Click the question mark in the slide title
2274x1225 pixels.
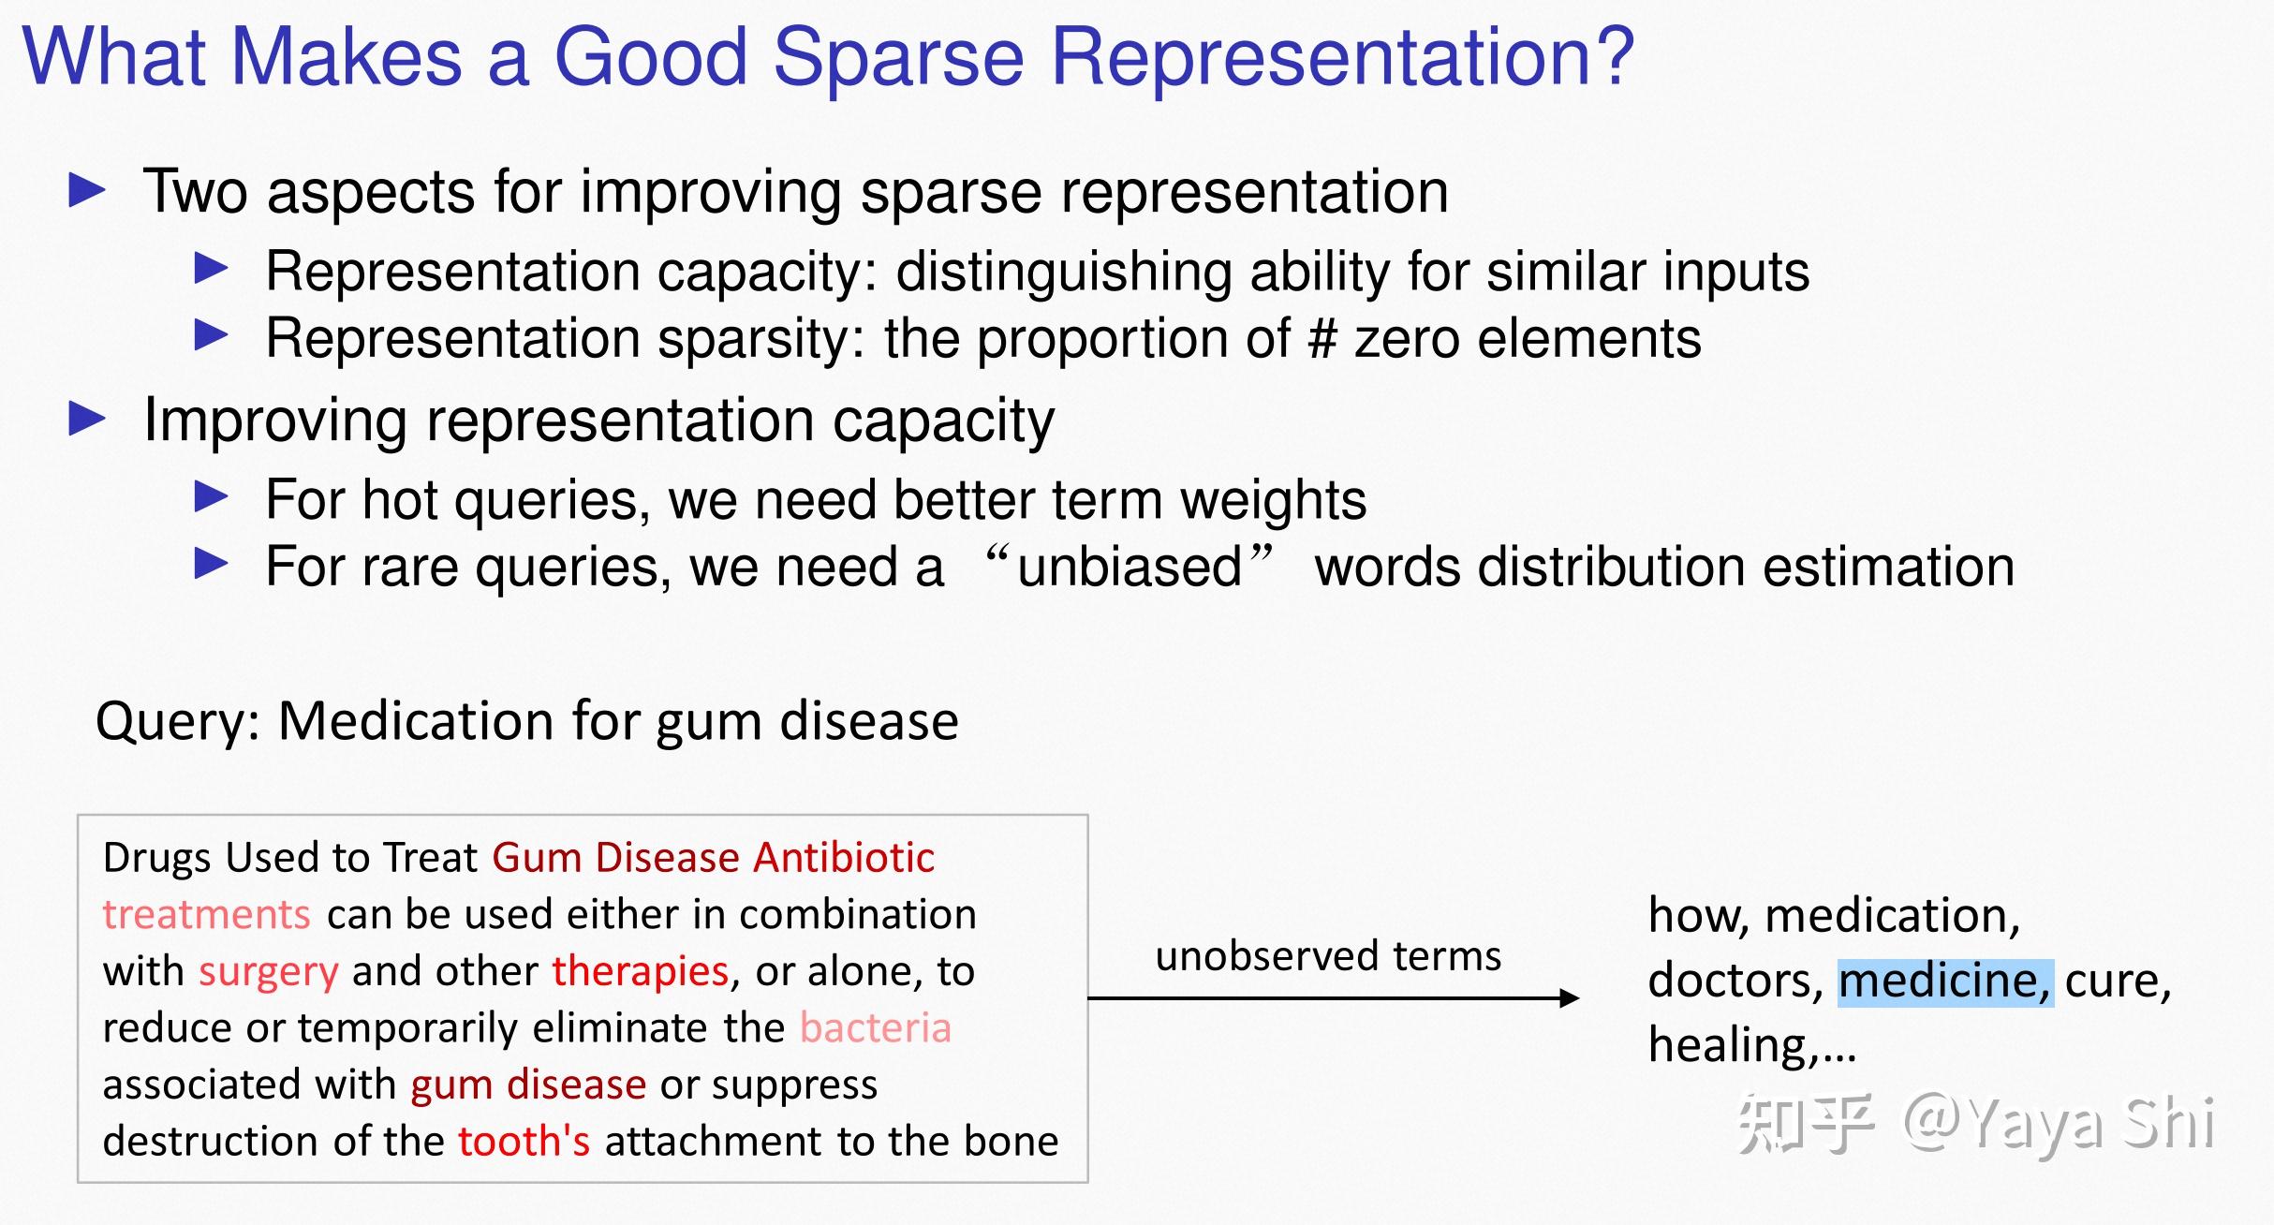[x=1608, y=58]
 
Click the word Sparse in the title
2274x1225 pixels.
[x=898, y=58]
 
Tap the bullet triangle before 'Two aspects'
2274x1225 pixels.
[x=87, y=190]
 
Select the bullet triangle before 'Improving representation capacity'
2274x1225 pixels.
[x=87, y=419]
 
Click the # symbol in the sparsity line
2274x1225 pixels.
[x=1322, y=339]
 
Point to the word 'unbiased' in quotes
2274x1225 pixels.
[x=1130, y=568]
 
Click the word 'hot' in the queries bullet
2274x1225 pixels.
[x=400, y=500]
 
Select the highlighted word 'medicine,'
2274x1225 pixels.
[x=1944, y=981]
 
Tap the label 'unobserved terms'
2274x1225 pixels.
[x=1328, y=956]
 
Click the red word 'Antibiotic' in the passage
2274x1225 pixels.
[x=844, y=858]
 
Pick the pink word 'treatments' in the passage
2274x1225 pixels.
[x=206, y=915]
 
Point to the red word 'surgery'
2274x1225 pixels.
[x=268, y=972]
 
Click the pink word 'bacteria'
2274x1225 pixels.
[x=876, y=1028]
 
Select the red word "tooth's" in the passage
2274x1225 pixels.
[x=524, y=1142]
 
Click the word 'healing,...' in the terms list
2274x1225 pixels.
[x=1751, y=1045]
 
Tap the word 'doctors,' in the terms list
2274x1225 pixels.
[x=1735, y=981]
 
